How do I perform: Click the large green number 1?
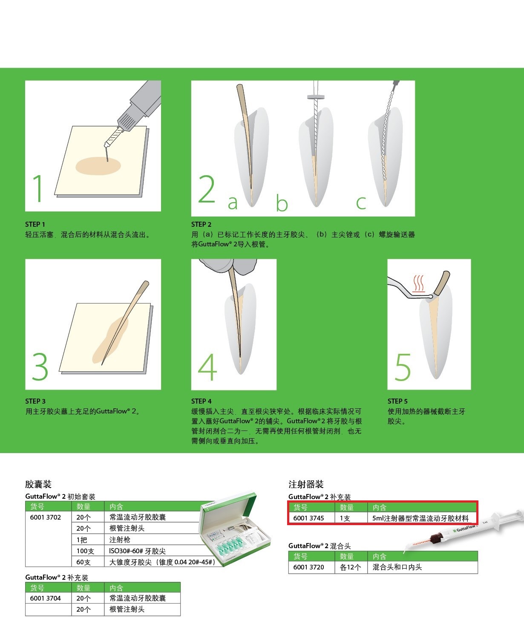click(x=38, y=188)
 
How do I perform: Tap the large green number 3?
click(x=40, y=366)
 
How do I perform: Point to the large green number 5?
click(x=403, y=367)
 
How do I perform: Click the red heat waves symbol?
click(x=419, y=283)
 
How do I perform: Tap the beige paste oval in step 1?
click(x=98, y=166)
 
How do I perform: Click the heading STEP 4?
click(x=202, y=401)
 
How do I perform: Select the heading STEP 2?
click(x=202, y=224)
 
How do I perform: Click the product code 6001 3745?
click(x=308, y=518)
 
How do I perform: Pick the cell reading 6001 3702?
click(x=45, y=517)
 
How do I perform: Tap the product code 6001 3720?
click(x=308, y=567)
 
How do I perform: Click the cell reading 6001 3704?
click(x=45, y=598)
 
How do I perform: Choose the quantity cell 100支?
click(x=85, y=551)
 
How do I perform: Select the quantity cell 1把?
click(x=82, y=540)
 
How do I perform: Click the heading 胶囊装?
click(x=38, y=484)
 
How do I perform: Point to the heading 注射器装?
click(x=306, y=484)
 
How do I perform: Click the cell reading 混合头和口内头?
click(x=397, y=567)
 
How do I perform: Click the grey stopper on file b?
click(x=316, y=97)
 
